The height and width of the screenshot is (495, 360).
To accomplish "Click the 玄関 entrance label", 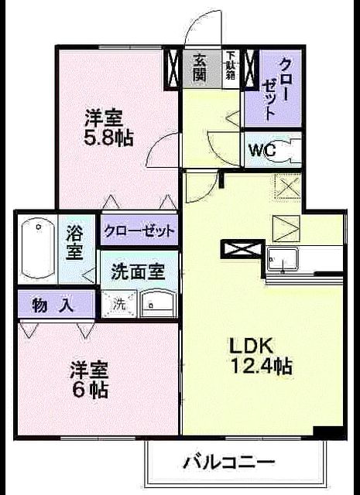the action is pos(200,67).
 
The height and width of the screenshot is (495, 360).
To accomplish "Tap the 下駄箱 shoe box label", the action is pos(230,68).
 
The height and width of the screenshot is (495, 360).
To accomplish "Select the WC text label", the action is pos(262,151).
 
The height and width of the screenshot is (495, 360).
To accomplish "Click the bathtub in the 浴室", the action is pos(37,249).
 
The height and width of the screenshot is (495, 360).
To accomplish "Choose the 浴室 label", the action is pos(74,242).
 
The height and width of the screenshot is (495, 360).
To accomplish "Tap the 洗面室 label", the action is pos(138,271).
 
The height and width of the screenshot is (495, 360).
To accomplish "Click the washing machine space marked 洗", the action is pos(118,304).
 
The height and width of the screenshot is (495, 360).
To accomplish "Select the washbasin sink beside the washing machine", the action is pos(158,303).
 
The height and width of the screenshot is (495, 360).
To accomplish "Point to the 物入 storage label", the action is pos(53,305).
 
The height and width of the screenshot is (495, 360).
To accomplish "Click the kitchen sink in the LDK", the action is pos(283,259).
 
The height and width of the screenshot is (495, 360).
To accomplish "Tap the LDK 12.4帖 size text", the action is pos(260,356).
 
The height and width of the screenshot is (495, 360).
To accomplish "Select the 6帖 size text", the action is pos(90,380).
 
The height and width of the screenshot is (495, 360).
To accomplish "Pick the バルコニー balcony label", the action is pos(229,463).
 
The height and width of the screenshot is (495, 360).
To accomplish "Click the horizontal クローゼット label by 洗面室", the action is pos(139,230).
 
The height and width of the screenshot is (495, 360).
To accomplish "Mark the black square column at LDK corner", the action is pos(327,432).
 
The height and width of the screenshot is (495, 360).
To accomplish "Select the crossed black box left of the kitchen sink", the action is pos(242,249).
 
